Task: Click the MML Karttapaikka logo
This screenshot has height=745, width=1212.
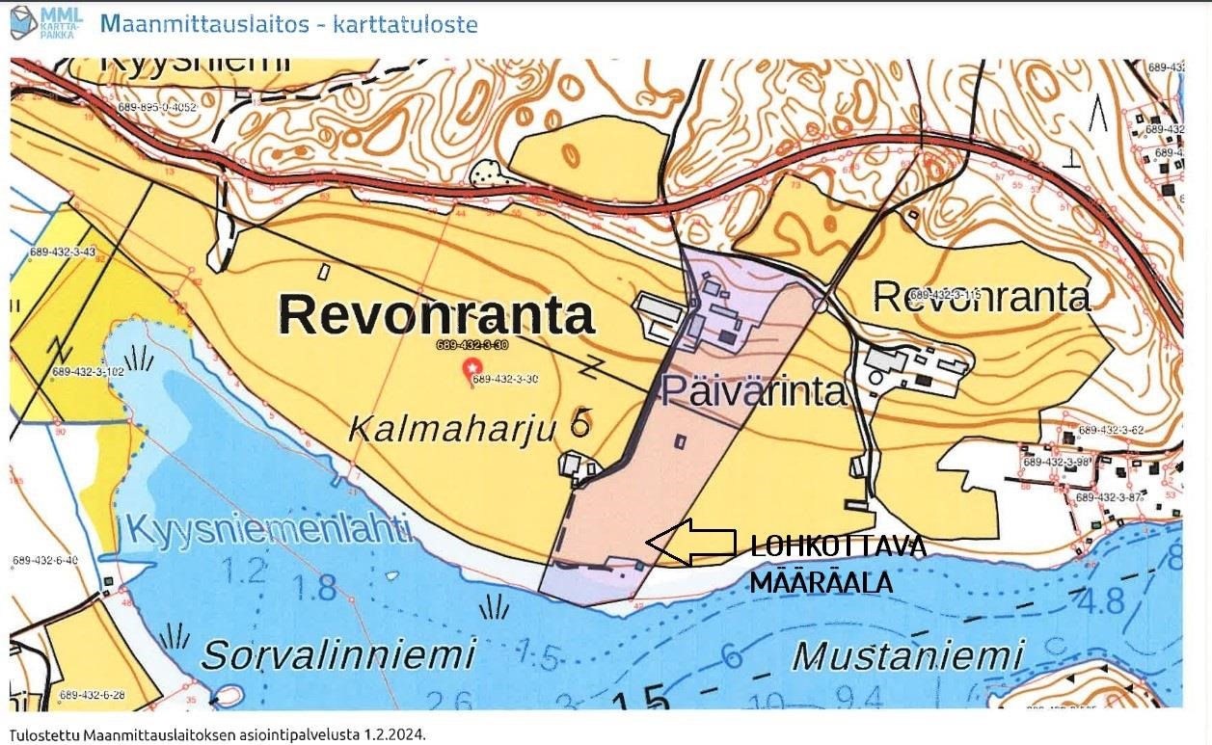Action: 45,22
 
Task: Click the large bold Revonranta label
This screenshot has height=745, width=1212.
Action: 436,314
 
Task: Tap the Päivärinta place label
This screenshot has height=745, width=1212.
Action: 754,391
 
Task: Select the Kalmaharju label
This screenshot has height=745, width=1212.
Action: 452,429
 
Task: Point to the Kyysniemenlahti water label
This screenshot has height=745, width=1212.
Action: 268,529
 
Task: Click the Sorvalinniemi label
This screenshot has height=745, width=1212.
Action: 338,655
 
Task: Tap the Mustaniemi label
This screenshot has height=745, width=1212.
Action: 905,657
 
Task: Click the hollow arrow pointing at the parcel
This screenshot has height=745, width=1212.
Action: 690,542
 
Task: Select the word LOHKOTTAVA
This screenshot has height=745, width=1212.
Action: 838,547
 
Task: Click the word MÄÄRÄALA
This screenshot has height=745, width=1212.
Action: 820,582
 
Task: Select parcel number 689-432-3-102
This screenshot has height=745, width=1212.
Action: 88,371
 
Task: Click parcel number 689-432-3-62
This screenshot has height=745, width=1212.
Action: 1111,430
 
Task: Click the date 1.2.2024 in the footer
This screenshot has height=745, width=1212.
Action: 393,734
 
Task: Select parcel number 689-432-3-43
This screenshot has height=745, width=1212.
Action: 63,252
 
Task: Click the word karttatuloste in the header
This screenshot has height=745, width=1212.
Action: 405,23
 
